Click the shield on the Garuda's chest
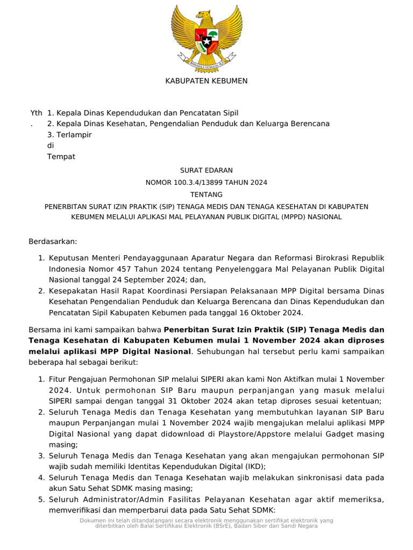click(206, 39)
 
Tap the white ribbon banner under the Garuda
click(206, 63)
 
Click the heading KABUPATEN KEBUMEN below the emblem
click(206, 81)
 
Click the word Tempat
click(61, 157)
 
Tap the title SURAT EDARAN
click(206, 170)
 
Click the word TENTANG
click(206, 194)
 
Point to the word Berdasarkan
click(53, 242)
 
